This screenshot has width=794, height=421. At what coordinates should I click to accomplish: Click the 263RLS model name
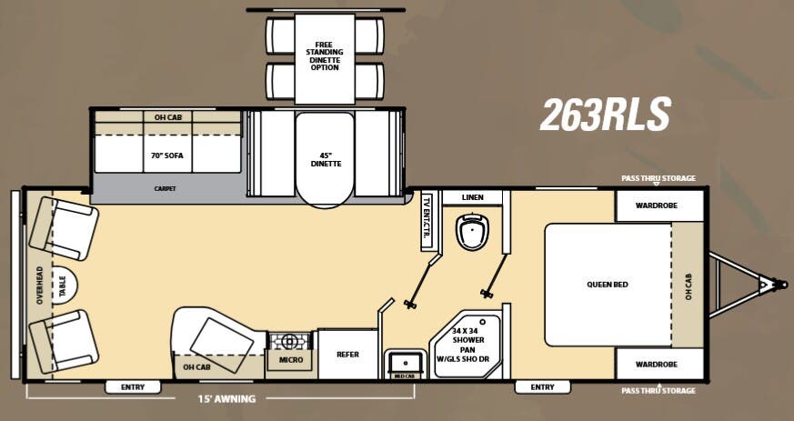coord(605,115)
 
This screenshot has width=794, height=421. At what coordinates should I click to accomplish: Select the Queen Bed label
coord(607,285)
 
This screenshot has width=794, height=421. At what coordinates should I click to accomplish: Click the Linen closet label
coord(472,197)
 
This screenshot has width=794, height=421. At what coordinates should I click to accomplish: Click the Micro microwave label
coord(289,361)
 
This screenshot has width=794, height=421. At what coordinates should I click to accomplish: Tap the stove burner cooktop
coord(290,341)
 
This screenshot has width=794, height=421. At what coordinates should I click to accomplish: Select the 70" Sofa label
coord(167,155)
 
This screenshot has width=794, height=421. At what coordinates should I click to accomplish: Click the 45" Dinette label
coord(325,158)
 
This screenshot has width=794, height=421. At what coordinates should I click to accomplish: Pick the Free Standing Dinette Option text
coord(325,55)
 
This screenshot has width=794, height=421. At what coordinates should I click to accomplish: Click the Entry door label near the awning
coord(132,387)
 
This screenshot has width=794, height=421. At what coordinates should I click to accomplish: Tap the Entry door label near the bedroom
coord(541,387)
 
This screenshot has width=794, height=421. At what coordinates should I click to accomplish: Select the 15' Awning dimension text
coord(227,398)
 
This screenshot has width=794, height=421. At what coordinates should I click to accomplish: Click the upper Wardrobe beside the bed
coord(659,205)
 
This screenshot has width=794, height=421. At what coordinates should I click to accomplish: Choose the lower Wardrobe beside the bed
coord(659,364)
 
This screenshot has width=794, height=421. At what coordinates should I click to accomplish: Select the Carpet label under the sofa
coord(165,189)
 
